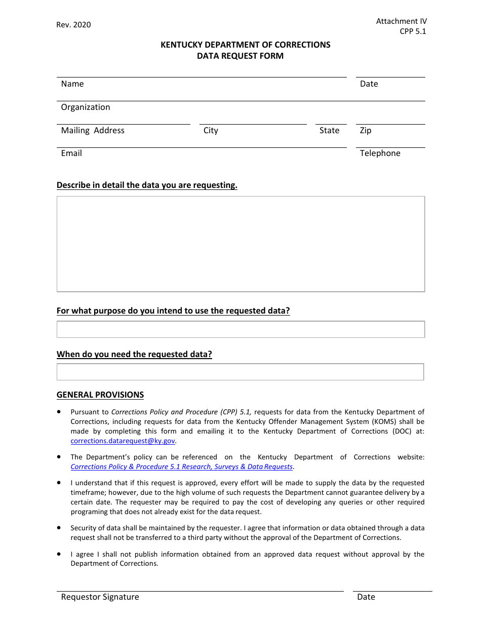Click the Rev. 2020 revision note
click(73, 25)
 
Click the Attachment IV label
click(401, 21)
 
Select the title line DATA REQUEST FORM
click(240, 56)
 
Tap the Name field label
click(72, 84)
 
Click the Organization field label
click(85, 107)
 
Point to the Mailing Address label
click(93, 131)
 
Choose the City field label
click(211, 131)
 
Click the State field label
click(329, 131)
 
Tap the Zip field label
click(366, 131)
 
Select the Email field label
click(71, 153)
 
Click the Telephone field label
click(380, 153)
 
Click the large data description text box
click(240, 244)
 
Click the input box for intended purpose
click(240, 329)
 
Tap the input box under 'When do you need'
click(240, 372)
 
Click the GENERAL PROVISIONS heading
click(100, 395)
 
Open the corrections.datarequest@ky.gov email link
click(123, 441)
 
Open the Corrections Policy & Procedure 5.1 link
click(181, 467)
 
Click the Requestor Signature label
click(100, 597)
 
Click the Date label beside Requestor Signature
click(366, 597)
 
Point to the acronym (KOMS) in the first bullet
click(383, 421)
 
